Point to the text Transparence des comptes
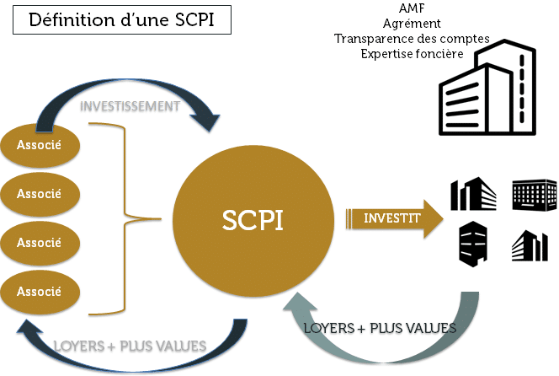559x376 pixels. point(390,39)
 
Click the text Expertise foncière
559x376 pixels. point(390,53)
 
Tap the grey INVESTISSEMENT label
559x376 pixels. point(130,106)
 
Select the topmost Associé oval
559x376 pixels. point(39,144)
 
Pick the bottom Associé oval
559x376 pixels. point(39,292)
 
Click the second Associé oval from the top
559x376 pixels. point(39,193)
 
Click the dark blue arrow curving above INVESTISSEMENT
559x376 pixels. point(126,84)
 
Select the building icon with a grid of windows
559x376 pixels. point(534,195)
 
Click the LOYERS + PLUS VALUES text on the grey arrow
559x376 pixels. point(380,327)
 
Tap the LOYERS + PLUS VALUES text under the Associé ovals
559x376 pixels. point(130,346)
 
